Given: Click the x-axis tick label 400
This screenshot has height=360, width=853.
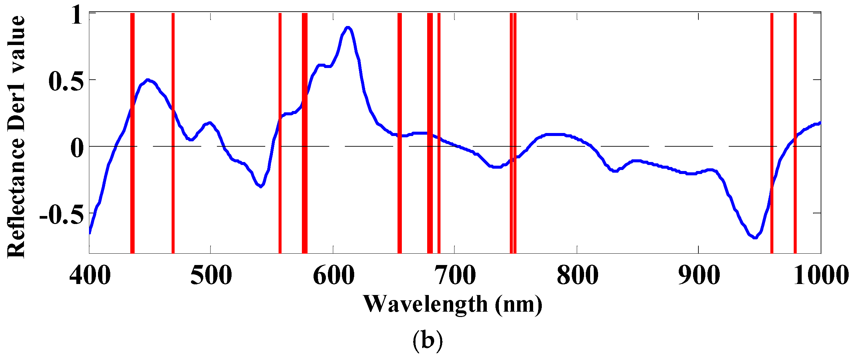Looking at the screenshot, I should [90, 276].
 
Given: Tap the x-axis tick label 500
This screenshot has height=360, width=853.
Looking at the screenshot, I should [211, 276].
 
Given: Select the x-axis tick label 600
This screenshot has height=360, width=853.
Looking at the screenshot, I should [334, 276].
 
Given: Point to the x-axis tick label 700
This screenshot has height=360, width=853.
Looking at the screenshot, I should [455, 276].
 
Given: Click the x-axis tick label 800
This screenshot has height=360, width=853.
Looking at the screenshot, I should [577, 276].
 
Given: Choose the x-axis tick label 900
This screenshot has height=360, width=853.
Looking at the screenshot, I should [699, 276].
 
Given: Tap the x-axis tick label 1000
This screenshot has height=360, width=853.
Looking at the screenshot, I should [821, 276].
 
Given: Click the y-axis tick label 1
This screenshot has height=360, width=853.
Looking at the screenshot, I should [76, 16].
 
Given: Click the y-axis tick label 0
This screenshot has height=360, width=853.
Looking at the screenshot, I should [77, 148].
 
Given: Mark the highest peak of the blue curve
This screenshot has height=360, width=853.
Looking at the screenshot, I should [348, 27].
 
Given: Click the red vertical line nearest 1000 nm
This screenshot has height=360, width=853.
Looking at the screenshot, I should [795, 133].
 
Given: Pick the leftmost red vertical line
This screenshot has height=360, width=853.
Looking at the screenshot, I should [132, 133].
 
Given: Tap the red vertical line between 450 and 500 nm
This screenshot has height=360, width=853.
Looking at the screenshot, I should [173, 133].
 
